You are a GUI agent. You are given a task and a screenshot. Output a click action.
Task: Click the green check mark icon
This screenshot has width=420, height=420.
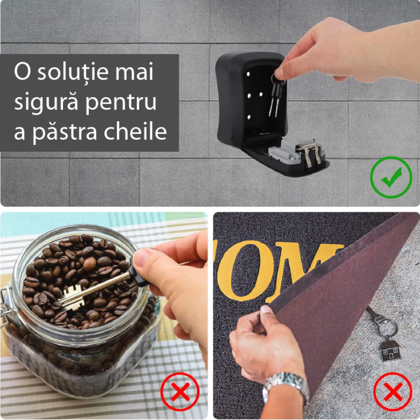tap(391, 178)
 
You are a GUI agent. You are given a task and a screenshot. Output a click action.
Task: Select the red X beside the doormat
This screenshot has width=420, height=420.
tap(392, 392)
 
